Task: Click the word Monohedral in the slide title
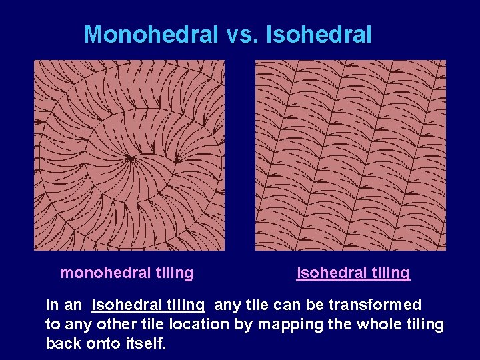pos(151,35)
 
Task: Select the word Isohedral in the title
pos(319,35)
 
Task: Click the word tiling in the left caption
pos(174,273)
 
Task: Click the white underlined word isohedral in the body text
pos(120,305)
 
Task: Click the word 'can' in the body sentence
pos(277,305)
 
